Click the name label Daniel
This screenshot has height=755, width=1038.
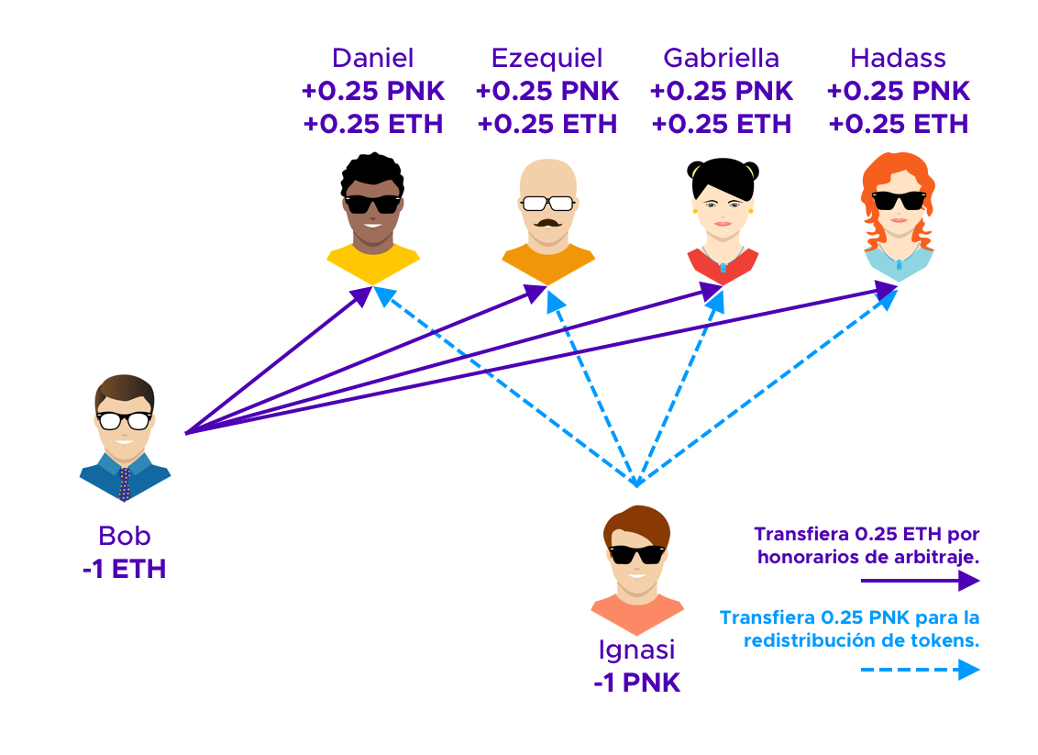click(372, 59)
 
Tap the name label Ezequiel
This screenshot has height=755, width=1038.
click(547, 59)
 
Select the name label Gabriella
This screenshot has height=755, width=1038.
click(721, 59)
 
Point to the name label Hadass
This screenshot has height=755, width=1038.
click(898, 59)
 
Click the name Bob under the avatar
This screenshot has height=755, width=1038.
click(124, 536)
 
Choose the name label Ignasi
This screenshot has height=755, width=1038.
click(636, 650)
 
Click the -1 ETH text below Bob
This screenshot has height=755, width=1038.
click(124, 569)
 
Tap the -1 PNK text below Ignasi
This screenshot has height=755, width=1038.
click(636, 683)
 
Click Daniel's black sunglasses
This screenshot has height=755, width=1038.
click(372, 204)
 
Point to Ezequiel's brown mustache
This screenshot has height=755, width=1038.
click(547, 223)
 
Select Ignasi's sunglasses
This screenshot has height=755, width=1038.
click(636, 554)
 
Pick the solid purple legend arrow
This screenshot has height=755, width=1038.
click(920, 580)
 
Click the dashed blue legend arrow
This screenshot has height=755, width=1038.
click(920, 671)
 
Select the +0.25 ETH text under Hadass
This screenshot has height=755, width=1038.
click(898, 124)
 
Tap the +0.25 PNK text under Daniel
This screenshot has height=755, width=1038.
click(372, 92)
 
